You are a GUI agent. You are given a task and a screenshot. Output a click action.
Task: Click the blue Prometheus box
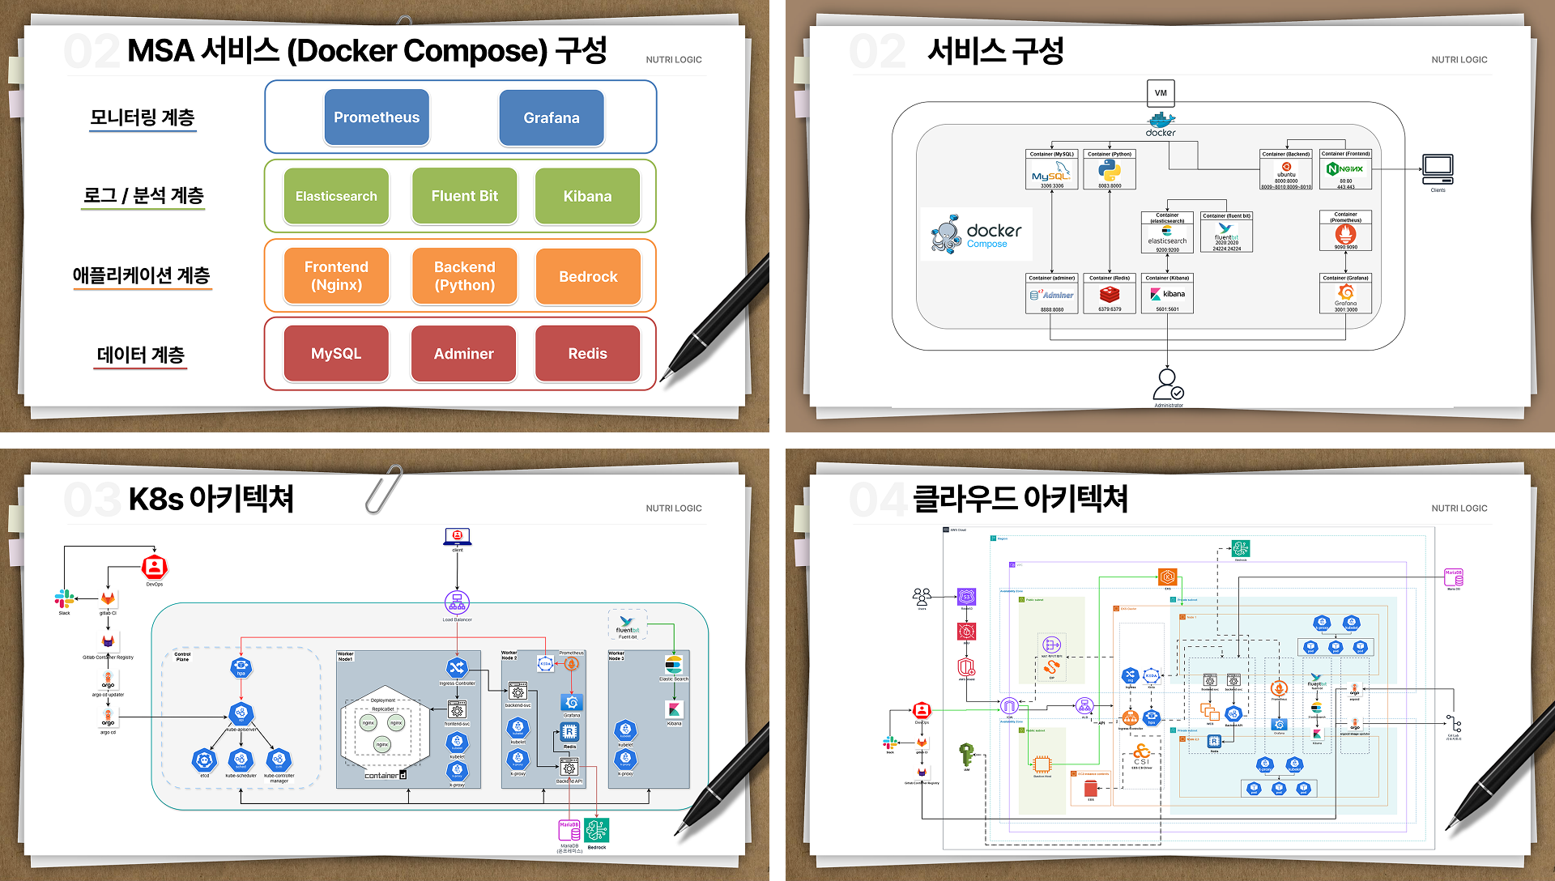(x=377, y=117)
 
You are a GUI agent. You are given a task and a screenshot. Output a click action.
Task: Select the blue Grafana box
(x=552, y=117)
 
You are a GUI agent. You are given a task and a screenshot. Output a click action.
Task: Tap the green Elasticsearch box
(x=336, y=196)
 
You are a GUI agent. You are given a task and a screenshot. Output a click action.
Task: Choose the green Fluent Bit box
(x=464, y=196)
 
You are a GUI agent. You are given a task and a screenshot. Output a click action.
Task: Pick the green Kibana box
(x=587, y=196)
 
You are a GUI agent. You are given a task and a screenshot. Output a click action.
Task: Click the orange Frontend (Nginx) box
(x=336, y=276)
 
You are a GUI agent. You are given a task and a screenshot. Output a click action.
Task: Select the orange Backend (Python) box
(x=464, y=276)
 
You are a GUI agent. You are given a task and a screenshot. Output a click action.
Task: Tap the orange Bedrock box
(x=588, y=276)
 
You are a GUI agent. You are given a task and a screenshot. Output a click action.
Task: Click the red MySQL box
(x=336, y=354)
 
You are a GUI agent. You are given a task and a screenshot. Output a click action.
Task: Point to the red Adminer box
(x=463, y=354)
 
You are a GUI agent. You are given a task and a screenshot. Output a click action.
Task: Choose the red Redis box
(x=587, y=354)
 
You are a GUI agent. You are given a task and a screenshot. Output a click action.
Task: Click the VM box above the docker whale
(x=1161, y=92)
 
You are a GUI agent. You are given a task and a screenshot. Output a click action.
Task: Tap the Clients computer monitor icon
(x=1438, y=169)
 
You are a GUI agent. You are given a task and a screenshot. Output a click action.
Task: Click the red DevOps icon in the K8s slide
(x=154, y=567)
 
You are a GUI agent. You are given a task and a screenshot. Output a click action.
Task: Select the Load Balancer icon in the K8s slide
(x=457, y=602)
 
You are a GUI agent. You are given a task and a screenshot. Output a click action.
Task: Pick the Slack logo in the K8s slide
(x=64, y=598)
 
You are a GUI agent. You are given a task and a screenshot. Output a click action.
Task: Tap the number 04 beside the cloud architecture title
(x=876, y=500)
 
